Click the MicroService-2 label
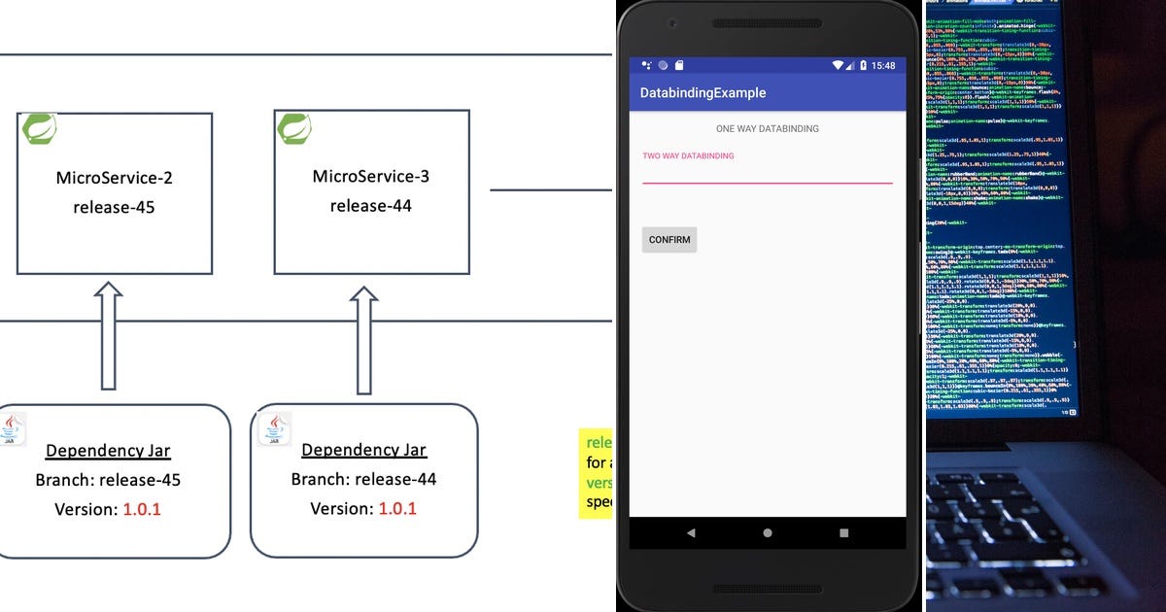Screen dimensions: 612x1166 [114, 178]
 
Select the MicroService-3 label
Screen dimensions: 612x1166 [370, 176]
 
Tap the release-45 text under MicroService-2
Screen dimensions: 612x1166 [114, 207]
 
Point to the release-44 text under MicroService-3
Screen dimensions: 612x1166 [370, 205]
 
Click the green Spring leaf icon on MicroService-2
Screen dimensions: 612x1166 [39, 128]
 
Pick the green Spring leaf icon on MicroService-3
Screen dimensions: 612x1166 [294, 127]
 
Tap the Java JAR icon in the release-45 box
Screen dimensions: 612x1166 [13, 428]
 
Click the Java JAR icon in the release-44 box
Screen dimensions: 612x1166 [274, 428]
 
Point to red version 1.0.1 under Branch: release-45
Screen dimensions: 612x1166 [142, 509]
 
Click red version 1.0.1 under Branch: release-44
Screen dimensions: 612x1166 [397, 509]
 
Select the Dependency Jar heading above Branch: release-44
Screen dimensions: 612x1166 [363, 450]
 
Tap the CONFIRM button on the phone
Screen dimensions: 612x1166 [669, 240]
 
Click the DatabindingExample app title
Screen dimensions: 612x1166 [703, 93]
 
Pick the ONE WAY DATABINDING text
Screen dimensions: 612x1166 [767, 128]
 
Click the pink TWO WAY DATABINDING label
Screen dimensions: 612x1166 [688, 155]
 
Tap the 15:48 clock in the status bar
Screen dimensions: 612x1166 [883, 65]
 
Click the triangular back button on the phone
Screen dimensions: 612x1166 [691, 532]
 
